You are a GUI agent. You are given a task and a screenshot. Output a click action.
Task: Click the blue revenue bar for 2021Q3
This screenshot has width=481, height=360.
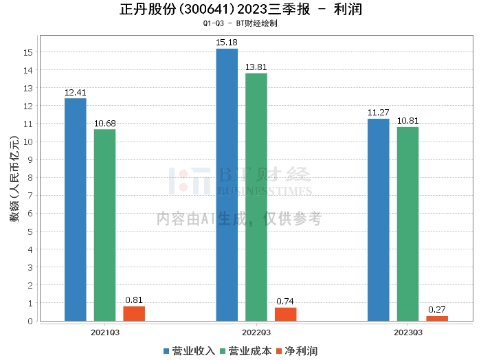(76, 210)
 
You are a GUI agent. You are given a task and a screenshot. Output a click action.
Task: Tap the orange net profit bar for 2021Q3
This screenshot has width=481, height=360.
(134, 313)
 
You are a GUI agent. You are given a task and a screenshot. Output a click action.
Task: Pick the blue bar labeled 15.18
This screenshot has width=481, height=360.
(227, 185)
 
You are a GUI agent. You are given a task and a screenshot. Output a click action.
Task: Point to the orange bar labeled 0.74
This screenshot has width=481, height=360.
(285, 314)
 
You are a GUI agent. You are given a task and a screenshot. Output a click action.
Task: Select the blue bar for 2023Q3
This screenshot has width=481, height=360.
(378, 220)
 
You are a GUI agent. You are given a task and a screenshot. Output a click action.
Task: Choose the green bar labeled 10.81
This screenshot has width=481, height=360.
(407, 224)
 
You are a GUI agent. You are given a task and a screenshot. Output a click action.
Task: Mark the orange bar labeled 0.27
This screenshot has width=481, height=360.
(436, 318)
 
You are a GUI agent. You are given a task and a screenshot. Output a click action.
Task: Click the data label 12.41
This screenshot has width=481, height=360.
(76, 92)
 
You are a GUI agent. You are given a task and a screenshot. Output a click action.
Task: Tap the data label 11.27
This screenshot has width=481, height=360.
(378, 113)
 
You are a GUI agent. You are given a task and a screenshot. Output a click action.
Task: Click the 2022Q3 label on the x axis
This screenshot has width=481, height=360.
(256, 333)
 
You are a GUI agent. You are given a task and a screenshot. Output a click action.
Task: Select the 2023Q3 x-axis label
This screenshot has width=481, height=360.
(407, 333)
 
